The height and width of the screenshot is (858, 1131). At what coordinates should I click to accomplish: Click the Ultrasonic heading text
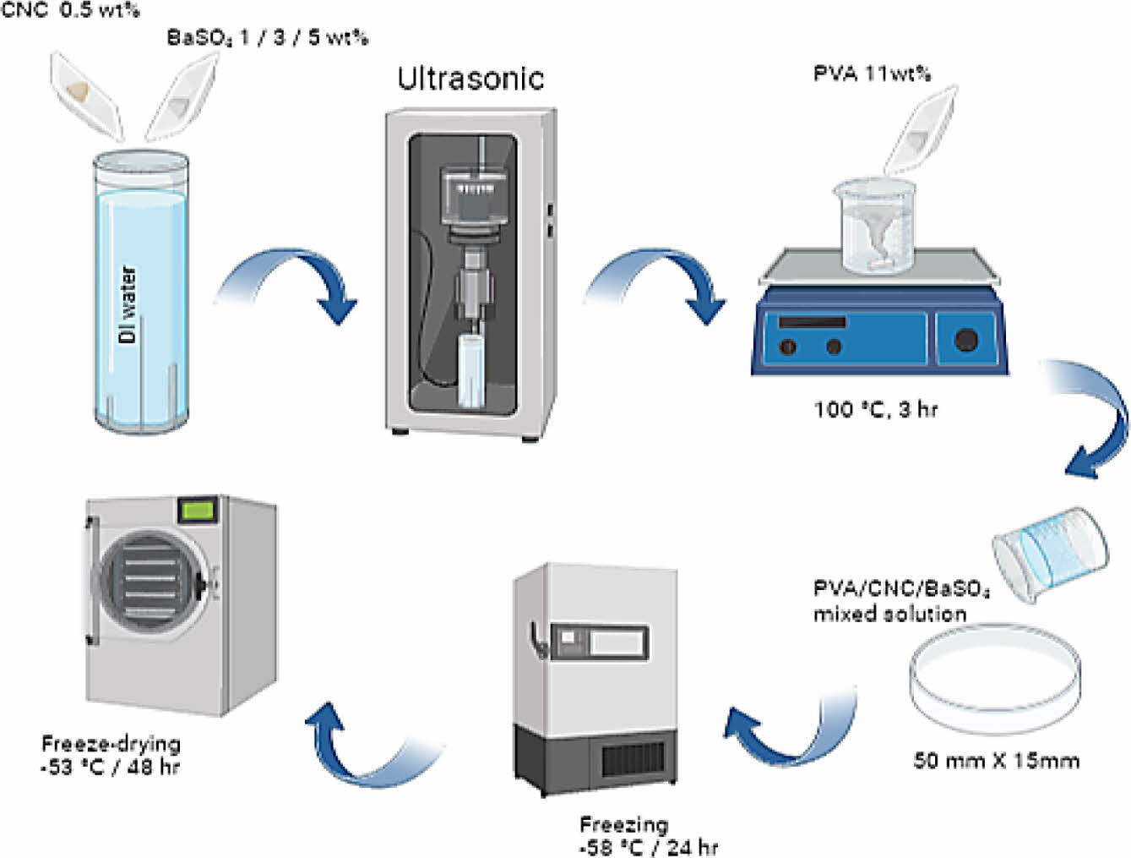[470, 79]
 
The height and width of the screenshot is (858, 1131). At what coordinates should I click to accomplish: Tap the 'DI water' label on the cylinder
[128, 304]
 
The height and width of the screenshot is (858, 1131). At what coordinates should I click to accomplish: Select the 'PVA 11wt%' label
[872, 74]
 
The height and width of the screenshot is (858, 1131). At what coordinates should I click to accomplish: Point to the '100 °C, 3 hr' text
[875, 410]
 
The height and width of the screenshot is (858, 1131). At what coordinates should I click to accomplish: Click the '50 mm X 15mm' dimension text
[996, 761]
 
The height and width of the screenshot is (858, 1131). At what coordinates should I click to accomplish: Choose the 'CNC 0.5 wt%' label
[70, 11]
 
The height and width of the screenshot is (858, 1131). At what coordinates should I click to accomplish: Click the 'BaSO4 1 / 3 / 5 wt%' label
[267, 38]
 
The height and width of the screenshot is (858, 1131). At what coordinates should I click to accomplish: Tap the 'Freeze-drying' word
[111, 744]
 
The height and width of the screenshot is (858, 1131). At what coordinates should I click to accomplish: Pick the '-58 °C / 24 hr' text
[648, 846]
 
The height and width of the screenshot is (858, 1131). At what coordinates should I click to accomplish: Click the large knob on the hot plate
[965, 340]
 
